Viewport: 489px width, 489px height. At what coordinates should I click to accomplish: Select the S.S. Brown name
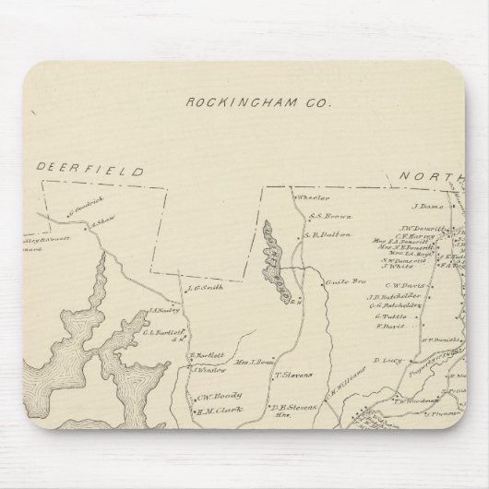[327, 216]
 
